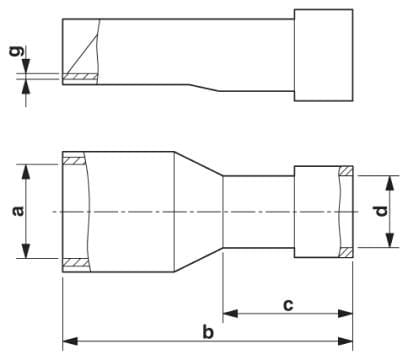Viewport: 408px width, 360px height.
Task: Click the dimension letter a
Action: click(x=18, y=211)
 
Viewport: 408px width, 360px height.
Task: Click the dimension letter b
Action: click(x=208, y=332)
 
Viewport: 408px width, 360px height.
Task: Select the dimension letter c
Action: click(x=288, y=305)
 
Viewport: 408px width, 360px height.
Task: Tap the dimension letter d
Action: click(x=381, y=211)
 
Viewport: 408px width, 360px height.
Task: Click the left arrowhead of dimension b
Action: click(x=70, y=341)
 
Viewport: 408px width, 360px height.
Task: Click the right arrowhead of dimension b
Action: click(x=345, y=341)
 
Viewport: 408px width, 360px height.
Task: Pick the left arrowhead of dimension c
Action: click(x=230, y=313)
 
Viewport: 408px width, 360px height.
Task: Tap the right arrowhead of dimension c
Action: click(x=345, y=313)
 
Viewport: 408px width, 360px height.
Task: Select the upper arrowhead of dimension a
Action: click(x=26, y=172)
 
